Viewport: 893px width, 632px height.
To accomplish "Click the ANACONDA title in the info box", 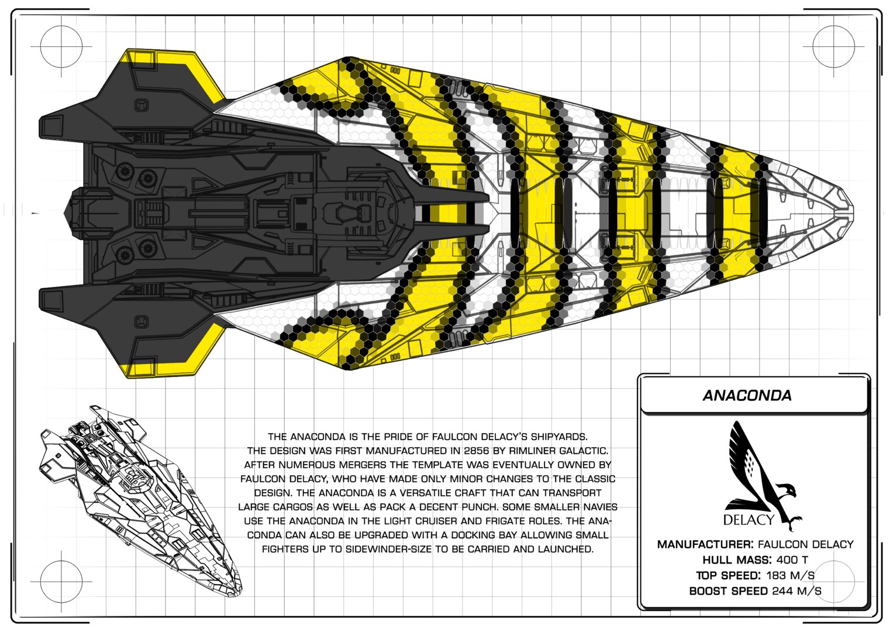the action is coord(747,396).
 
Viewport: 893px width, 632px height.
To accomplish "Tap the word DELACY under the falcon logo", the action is coord(749,520).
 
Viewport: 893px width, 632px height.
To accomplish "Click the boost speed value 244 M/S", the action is coord(797,591).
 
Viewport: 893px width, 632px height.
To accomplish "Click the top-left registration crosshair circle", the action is coord(61,46).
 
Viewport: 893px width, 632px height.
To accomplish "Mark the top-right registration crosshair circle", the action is coord(833,46).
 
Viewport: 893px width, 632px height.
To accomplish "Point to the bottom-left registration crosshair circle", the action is coord(61,582).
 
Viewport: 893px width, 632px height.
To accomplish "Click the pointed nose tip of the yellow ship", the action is coord(853,213).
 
